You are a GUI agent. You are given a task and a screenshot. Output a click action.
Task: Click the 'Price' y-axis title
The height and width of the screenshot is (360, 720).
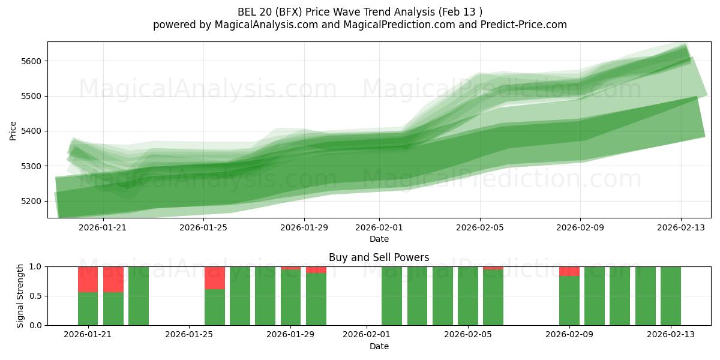[13, 130]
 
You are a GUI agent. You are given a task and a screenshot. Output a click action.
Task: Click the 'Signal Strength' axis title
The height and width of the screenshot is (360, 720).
[20, 296]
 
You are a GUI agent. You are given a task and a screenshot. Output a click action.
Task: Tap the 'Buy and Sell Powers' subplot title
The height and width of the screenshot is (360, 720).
[379, 257]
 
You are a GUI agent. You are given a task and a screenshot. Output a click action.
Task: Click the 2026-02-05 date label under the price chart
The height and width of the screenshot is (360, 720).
[479, 227]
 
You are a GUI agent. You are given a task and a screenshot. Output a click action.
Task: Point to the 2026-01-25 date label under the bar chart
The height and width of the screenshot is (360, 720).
[189, 334]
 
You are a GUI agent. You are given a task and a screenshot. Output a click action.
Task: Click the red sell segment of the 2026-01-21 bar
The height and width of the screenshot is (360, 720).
[88, 279]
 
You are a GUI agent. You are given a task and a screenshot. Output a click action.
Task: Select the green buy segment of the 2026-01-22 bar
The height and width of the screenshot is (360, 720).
[113, 308]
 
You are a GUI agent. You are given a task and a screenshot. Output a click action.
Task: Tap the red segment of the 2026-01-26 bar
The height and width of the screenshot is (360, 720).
[215, 278]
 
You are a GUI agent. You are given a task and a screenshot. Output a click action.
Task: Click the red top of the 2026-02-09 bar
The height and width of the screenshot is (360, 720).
[569, 271]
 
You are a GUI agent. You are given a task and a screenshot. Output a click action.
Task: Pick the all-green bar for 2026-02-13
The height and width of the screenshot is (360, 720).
[671, 296]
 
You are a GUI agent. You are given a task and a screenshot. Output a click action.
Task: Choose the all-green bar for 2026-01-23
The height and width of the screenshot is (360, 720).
[139, 296]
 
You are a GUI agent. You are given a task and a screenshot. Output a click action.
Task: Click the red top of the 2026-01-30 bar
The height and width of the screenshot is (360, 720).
[316, 270]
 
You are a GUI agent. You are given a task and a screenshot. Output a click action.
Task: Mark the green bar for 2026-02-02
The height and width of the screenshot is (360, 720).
[392, 296]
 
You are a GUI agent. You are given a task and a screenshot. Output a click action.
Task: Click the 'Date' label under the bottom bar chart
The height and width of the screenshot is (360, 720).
[379, 346]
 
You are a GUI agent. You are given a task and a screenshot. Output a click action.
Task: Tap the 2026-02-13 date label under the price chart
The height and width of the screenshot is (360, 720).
[680, 227]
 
